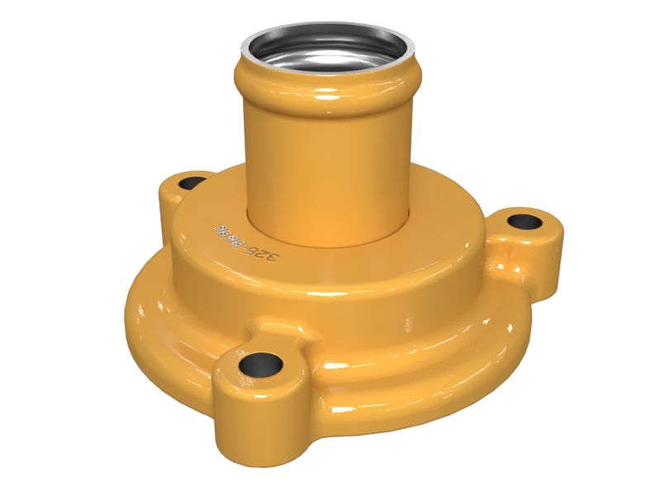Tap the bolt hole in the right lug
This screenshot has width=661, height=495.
coord(522,221)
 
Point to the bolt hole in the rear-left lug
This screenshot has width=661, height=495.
coord(193,182)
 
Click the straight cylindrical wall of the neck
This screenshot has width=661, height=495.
coord(326,165)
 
